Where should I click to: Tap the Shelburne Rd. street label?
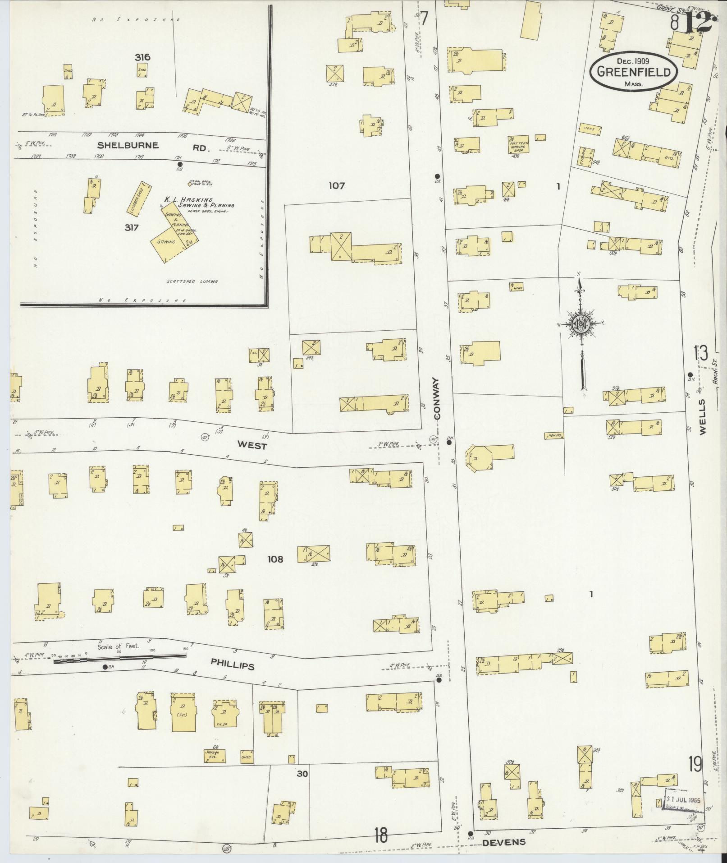(x=153, y=146)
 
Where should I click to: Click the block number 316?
(x=142, y=57)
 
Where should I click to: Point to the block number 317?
(x=131, y=228)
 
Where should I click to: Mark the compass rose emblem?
(x=581, y=324)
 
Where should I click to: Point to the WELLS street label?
(x=703, y=417)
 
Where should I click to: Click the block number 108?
(x=275, y=559)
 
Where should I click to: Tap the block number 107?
(x=336, y=185)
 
